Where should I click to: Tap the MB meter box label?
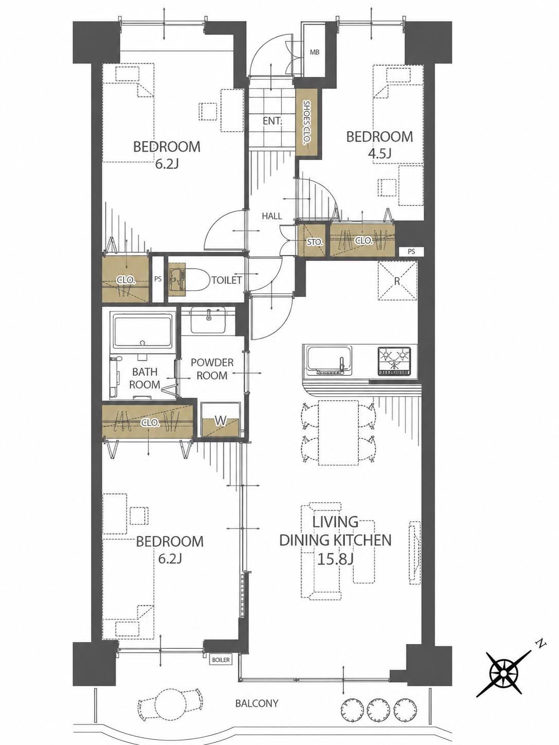pyautogui.click(x=315, y=52)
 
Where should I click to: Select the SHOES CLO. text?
pyautogui.click(x=307, y=122)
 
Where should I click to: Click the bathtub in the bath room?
pyautogui.click(x=143, y=331)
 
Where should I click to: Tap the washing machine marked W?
pyautogui.click(x=220, y=420)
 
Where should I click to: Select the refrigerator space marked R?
pyautogui.click(x=397, y=281)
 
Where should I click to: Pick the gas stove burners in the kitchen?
pyautogui.click(x=394, y=361)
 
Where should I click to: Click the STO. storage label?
pyautogui.click(x=315, y=242)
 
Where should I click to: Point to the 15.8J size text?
pyautogui.click(x=335, y=559)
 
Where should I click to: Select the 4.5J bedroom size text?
pyautogui.click(x=379, y=154)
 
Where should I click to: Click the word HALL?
pyautogui.click(x=272, y=216)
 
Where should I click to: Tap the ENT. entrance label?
pyautogui.click(x=272, y=121)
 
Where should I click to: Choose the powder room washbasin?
pyautogui.click(x=208, y=320)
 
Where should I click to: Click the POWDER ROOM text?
pyautogui.click(x=212, y=369)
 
